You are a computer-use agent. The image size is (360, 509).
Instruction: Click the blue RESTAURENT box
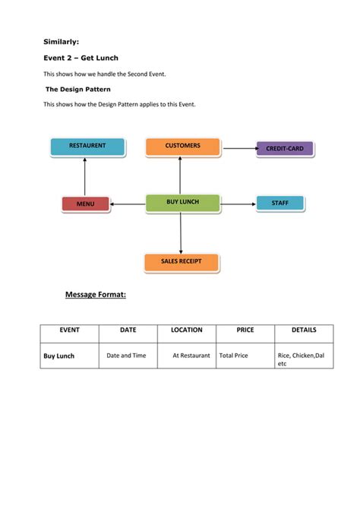(x=87, y=146)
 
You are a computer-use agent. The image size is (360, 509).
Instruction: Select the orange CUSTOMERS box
(x=182, y=146)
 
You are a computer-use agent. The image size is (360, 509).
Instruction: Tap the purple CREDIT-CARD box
(x=284, y=148)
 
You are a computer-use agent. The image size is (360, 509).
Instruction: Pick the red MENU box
(x=85, y=204)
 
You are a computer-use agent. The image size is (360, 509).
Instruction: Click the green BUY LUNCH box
(x=182, y=202)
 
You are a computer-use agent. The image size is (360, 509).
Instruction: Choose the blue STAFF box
(x=279, y=203)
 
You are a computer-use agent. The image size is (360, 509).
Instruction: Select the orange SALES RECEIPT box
(x=182, y=262)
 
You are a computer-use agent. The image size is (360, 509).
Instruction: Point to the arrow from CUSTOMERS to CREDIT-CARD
(x=238, y=148)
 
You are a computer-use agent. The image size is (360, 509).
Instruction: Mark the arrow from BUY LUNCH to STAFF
(x=237, y=204)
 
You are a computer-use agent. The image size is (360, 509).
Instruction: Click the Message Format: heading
(x=95, y=294)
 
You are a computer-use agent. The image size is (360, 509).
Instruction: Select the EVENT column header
(x=69, y=330)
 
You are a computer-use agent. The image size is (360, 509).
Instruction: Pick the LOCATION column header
(x=186, y=330)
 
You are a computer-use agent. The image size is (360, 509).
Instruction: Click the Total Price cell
(x=236, y=355)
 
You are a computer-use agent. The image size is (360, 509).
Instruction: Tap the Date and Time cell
(x=126, y=355)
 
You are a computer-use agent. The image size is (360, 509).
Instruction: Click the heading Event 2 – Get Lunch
(x=81, y=58)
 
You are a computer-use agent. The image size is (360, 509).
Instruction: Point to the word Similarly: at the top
(x=60, y=42)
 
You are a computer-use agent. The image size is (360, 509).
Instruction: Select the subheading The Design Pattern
(x=78, y=89)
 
